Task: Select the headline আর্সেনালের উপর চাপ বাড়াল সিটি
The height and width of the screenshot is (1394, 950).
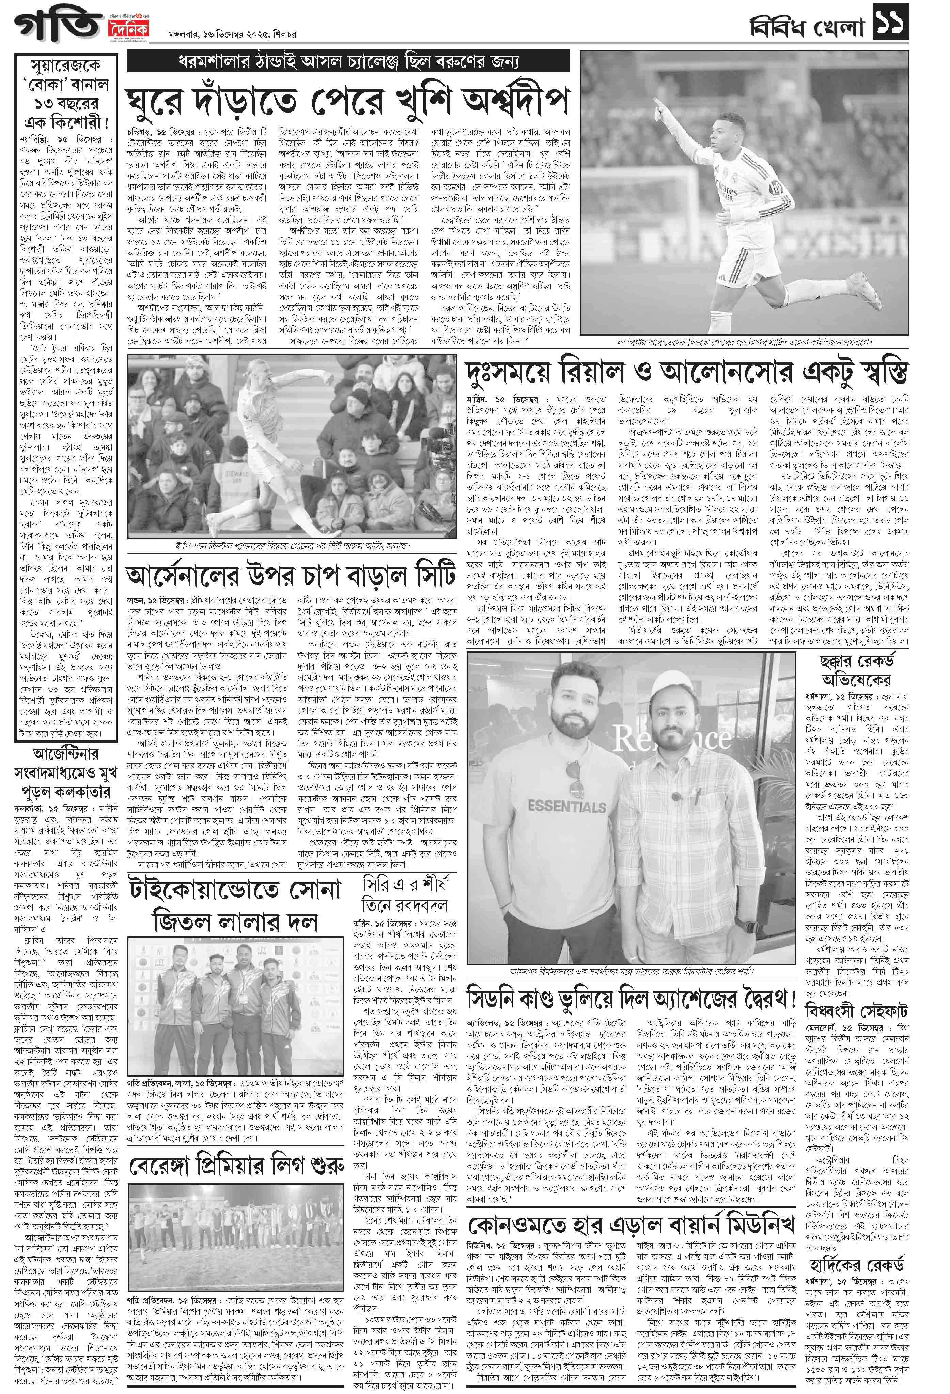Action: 291,576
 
